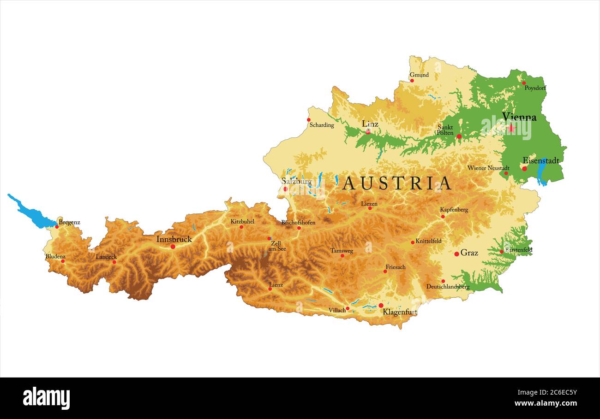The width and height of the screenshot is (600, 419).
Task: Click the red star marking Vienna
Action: point(511,128)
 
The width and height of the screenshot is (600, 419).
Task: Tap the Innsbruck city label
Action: point(174,239)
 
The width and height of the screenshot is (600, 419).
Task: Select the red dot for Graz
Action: point(456,254)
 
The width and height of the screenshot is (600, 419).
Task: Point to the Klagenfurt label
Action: point(400,312)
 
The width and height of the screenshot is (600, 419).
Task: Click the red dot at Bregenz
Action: point(57,226)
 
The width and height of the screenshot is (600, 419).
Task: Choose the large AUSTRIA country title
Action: point(396,183)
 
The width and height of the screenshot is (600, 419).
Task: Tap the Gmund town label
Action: point(419,75)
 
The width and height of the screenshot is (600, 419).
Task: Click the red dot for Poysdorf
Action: point(524,83)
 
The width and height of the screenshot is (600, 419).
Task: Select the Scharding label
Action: point(322,125)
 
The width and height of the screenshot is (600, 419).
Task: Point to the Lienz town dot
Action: point(270,289)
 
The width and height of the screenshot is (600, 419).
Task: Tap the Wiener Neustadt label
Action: point(488,168)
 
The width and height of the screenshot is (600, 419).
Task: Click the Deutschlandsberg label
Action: point(448,287)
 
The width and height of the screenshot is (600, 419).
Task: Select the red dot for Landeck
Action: point(114,262)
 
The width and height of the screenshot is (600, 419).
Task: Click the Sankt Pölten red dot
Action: point(459,136)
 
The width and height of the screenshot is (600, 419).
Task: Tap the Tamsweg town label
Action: point(342,251)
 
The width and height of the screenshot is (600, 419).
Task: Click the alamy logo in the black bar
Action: point(46,398)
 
